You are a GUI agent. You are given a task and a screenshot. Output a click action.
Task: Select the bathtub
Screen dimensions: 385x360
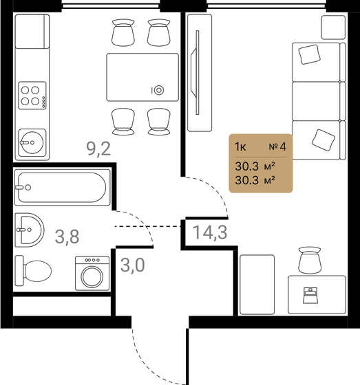[x=62, y=187]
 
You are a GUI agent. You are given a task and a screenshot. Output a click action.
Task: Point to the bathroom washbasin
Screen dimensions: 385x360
[x=30, y=229]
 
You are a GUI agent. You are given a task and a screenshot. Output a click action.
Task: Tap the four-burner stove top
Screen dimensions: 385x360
[x=32, y=94]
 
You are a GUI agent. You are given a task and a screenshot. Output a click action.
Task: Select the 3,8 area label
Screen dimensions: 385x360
[x=66, y=237]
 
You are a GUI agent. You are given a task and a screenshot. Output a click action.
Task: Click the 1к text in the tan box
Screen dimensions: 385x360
[x=242, y=146]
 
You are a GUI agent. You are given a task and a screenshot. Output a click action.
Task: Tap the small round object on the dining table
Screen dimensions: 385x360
[x=159, y=89]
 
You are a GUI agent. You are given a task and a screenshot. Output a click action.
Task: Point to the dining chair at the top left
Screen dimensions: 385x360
[x=123, y=33]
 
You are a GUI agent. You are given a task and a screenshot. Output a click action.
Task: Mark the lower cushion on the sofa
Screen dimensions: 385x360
[x=321, y=139]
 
